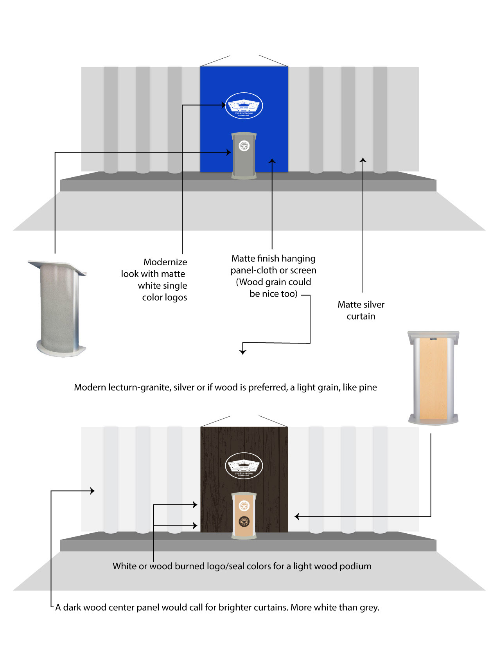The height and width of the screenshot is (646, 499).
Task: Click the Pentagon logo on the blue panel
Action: coord(244,106)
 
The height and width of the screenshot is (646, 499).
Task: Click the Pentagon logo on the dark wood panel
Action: coord(244,466)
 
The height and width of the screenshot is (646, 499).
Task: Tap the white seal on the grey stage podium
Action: coord(244,146)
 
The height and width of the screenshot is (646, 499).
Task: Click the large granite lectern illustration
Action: coord(59,309)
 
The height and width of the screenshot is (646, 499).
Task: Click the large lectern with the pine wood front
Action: coord(433,378)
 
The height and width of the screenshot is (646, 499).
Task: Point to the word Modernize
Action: coord(165,262)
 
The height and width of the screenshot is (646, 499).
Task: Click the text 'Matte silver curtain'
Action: coord(361,310)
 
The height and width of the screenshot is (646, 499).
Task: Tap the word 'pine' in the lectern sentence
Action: coord(368,387)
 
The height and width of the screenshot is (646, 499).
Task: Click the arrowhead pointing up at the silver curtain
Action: coord(363,160)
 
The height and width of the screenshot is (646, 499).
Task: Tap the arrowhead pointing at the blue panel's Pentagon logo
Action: coord(224,105)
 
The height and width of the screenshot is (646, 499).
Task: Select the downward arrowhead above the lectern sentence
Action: coord(243,352)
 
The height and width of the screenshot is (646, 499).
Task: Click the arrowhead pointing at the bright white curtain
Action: coord(92,491)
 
